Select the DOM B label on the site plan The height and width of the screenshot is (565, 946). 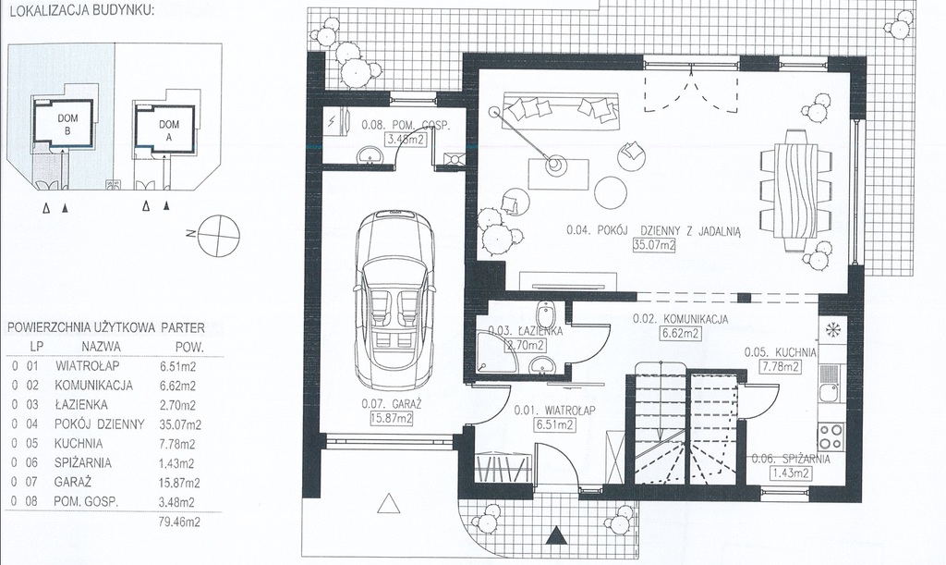pos(67,124)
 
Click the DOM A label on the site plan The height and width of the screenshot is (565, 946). pos(169,130)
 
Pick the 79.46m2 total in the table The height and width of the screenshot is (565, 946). pos(179,522)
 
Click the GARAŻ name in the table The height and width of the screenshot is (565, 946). pos(72,483)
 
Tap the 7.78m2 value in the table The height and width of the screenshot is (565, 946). pos(177,444)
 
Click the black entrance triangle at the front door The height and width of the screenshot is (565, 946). pos(556,534)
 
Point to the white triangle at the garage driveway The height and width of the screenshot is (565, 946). pos(390,502)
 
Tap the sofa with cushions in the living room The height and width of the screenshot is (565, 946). pos(562,109)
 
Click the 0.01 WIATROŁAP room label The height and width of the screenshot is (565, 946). pos(554,411)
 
